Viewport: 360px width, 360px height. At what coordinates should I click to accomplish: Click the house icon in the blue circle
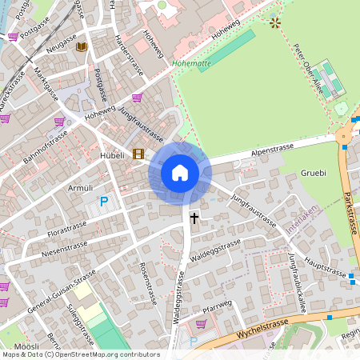pos(180,172)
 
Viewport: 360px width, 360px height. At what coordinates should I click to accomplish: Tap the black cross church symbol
pos(194,217)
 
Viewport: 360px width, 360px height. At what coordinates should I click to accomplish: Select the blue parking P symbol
pos(103,202)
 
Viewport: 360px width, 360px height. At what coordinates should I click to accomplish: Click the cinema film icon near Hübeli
pos(139,154)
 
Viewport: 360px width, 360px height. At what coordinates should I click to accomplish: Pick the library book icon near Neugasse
pos(81,47)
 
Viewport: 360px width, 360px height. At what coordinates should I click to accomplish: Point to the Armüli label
pos(81,187)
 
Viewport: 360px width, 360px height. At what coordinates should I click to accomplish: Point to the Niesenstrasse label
pos(61,254)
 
